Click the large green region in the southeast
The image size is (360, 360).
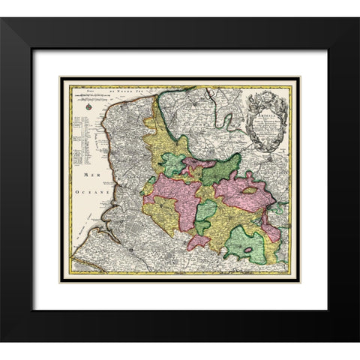pos(246,244)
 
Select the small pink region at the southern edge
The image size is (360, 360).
pos(199,241)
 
